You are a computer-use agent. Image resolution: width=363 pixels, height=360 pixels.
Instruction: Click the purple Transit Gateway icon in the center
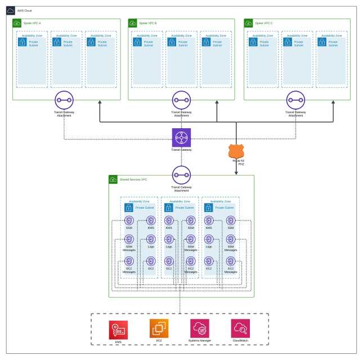[x=181, y=138]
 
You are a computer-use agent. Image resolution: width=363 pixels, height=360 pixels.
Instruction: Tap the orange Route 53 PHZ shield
[x=236, y=152]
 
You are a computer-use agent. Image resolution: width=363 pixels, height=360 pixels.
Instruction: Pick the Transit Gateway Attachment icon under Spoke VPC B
[x=181, y=101]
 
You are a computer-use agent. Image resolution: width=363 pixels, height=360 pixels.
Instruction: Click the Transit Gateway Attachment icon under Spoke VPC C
[x=297, y=101]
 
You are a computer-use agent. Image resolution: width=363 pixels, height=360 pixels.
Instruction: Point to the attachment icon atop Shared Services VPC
[x=181, y=175]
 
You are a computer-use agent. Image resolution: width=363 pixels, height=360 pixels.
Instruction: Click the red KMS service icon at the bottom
[x=118, y=330]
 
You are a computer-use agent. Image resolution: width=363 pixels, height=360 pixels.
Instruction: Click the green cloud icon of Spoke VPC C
[x=248, y=23]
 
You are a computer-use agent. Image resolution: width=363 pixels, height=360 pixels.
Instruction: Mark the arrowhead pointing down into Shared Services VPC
[x=236, y=172]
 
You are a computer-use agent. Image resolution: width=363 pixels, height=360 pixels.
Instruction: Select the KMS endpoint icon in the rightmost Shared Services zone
[x=209, y=221]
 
